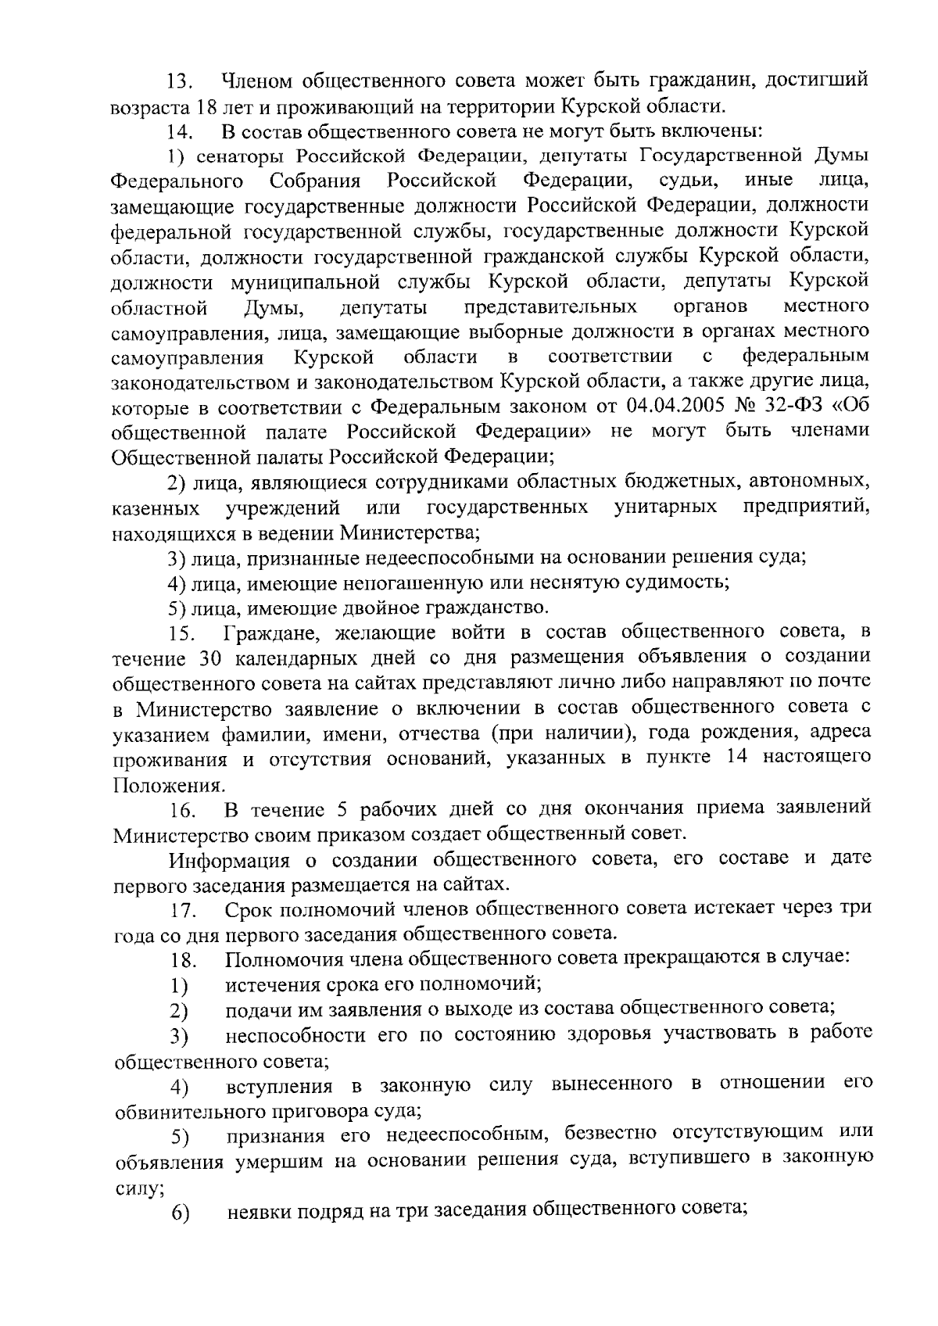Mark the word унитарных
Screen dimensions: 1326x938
pyautogui.click(x=665, y=507)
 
